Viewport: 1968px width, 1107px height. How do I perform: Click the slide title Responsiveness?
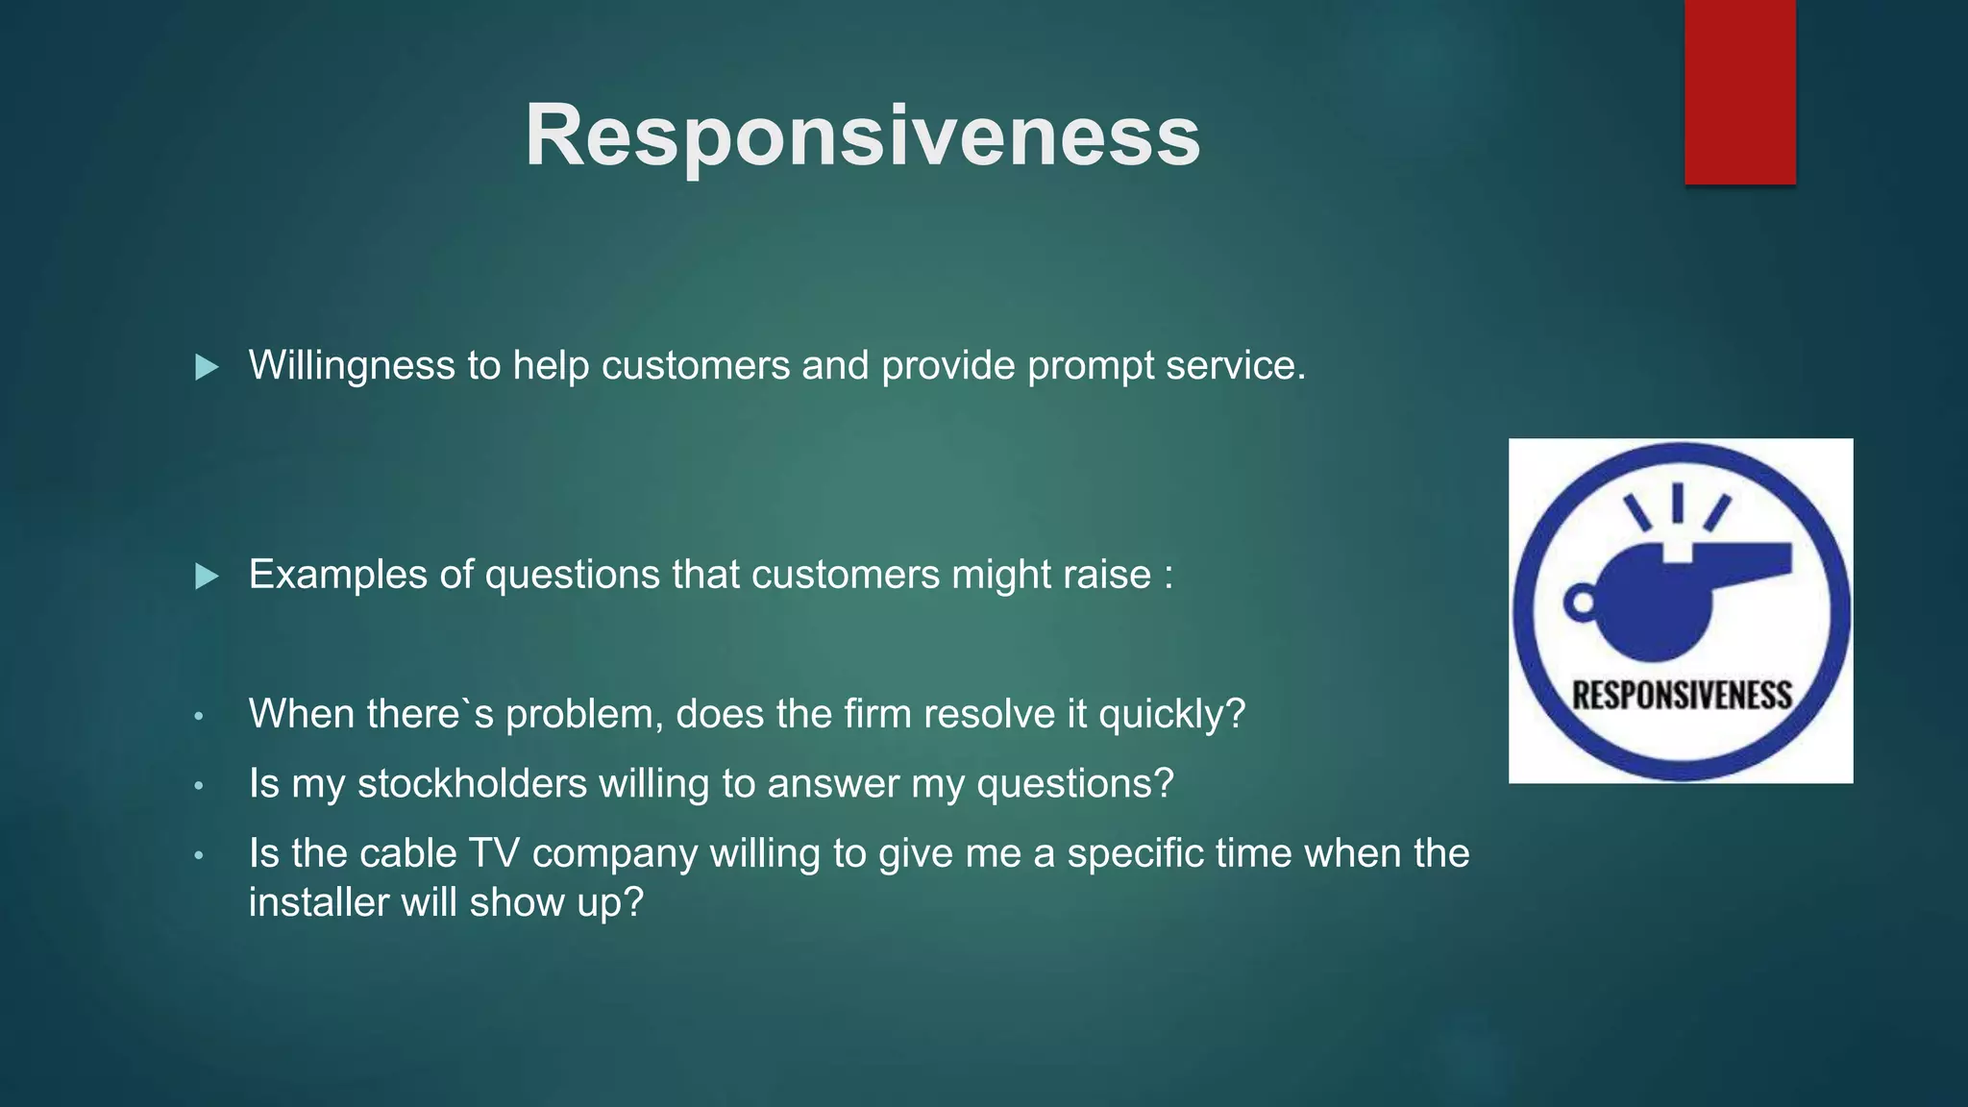click(862, 135)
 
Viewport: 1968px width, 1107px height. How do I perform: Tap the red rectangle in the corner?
click(1739, 91)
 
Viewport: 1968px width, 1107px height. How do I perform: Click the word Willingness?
click(352, 365)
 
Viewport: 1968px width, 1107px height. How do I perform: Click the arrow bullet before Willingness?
click(207, 367)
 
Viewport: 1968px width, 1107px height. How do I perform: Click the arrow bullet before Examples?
click(207, 577)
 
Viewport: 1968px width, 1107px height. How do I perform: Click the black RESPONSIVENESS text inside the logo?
click(1682, 695)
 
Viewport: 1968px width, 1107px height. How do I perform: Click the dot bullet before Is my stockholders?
click(199, 785)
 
